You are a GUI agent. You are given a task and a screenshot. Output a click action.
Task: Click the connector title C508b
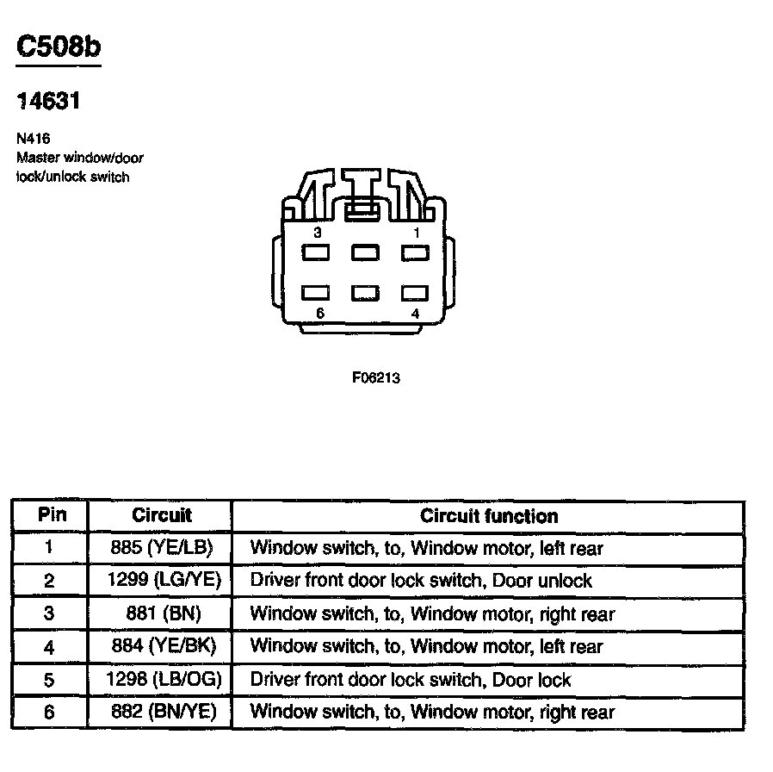point(59,47)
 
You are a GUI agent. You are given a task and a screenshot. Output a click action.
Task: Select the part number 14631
point(49,102)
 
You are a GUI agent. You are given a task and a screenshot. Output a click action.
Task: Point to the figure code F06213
point(376,377)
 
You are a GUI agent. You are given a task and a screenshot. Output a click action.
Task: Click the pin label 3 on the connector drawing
point(317,233)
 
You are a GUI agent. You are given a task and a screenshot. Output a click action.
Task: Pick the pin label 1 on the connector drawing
point(417,233)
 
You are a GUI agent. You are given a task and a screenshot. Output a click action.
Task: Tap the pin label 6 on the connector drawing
point(319,313)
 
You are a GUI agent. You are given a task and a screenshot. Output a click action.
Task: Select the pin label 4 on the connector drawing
point(415,314)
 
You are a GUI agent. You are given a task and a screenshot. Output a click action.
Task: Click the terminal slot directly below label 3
point(316,252)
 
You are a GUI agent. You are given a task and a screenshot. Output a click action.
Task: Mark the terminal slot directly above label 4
point(415,293)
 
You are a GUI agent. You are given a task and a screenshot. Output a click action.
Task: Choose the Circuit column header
point(161,516)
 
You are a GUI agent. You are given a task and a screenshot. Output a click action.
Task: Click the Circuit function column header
point(488,516)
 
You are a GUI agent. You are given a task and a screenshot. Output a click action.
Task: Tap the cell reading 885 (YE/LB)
point(161,548)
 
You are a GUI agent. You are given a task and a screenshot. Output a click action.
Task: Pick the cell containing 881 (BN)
point(161,614)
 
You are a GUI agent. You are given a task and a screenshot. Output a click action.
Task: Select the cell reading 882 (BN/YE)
point(163,712)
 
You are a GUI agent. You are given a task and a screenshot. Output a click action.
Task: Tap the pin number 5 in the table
point(49,680)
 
